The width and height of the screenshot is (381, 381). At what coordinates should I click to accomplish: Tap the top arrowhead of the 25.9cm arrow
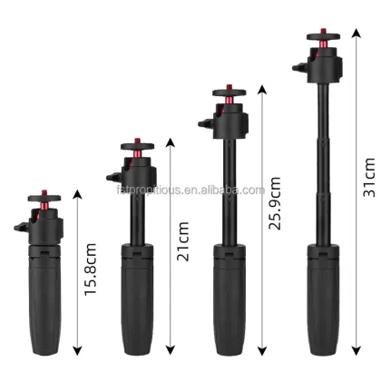pyautogui.click(x=263, y=89)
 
